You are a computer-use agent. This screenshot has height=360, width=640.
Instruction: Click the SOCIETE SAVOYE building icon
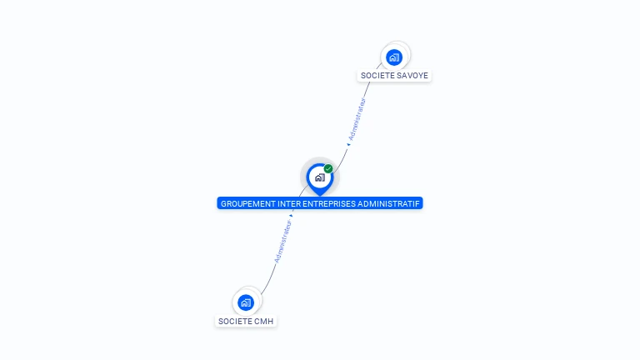pyautogui.click(x=394, y=57)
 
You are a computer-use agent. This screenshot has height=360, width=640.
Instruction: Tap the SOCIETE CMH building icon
pyautogui.click(x=245, y=302)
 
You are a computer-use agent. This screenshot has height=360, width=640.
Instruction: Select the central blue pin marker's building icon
pyautogui.click(x=319, y=177)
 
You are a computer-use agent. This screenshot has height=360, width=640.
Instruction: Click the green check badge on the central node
pyautogui.click(x=328, y=169)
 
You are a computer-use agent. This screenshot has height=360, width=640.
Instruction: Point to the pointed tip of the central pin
pyautogui.click(x=319, y=195)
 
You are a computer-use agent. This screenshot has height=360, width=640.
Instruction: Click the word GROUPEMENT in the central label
pyautogui.click(x=248, y=203)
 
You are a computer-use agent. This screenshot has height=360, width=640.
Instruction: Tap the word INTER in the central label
pyautogui.click(x=291, y=203)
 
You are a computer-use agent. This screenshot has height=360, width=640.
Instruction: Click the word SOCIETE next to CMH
pyautogui.click(x=234, y=321)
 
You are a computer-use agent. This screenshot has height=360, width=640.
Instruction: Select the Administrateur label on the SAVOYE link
pyautogui.click(x=357, y=119)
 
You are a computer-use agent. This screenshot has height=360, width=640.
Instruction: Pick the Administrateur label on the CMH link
pyautogui.click(x=283, y=241)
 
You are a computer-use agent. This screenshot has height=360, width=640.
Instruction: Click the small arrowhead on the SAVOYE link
pyautogui.click(x=348, y=145)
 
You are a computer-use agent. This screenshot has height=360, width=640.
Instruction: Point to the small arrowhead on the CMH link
pyautogui.click(x=292, y=215)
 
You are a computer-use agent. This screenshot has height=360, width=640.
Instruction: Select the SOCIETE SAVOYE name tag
pyautogui.click(x=394, y=76)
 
